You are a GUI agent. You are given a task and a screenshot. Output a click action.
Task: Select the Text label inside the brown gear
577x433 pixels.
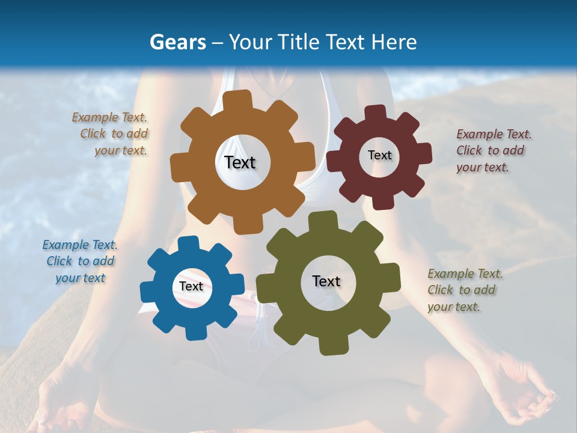(240, 162)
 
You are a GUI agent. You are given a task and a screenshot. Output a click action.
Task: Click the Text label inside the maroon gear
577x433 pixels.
(379, 155)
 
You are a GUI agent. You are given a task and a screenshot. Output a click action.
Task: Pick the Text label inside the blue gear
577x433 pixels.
(191, 286)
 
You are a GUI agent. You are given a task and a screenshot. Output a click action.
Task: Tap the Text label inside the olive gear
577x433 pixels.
(326, 281)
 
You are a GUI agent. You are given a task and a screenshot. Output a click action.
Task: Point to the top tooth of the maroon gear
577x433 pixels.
(376, 112)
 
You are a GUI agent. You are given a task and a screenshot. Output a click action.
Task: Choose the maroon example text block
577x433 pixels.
(493, 150)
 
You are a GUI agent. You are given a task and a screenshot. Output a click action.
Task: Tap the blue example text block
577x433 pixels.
(80, 261)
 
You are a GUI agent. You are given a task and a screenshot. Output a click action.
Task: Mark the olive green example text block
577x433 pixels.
(465, 290)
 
